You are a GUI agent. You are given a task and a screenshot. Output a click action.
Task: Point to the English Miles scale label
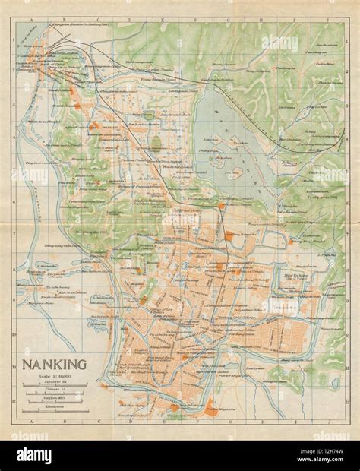52,400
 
